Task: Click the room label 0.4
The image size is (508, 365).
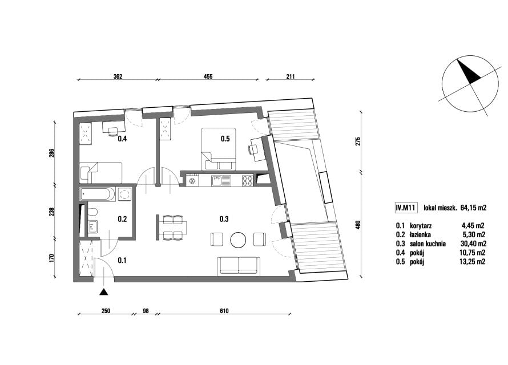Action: (x=122, y=139)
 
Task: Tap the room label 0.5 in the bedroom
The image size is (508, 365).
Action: (x=225, y=139)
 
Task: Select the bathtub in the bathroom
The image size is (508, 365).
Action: (x=97, y=194)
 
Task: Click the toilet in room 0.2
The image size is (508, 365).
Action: (x=92, y=212)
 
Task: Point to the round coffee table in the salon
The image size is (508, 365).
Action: (x=238, y=240)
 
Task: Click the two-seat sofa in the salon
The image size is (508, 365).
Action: (x=239, y=266)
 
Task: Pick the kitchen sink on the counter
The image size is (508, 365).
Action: (x=221, y=181)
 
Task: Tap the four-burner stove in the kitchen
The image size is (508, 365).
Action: (x=248, y=181)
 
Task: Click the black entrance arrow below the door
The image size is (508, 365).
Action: (x=103, y=292)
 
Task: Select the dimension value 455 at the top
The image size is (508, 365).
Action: (x=208, y=76)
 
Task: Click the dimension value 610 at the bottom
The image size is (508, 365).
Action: (x=224, y=311)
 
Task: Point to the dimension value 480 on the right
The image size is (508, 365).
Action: (x=358, y=225)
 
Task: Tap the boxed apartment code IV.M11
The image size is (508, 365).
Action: (x=405, y=208)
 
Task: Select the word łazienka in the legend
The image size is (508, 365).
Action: (x=420, y=234)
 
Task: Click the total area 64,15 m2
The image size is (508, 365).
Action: (x=473, y=208)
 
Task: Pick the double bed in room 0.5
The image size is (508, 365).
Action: (x=219, y=149)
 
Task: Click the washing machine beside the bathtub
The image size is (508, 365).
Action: (x=124, y=194)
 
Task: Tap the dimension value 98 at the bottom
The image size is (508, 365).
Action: (x=146, y=311)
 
